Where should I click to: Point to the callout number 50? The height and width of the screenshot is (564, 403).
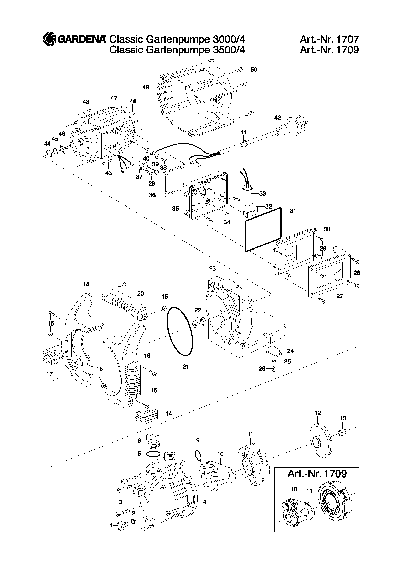coord(254,70)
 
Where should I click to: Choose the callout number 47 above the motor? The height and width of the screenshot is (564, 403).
coord(114,98)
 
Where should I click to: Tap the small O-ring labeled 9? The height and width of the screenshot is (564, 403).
coord(198,455)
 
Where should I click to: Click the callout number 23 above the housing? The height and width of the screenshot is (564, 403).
coord(212,268)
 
